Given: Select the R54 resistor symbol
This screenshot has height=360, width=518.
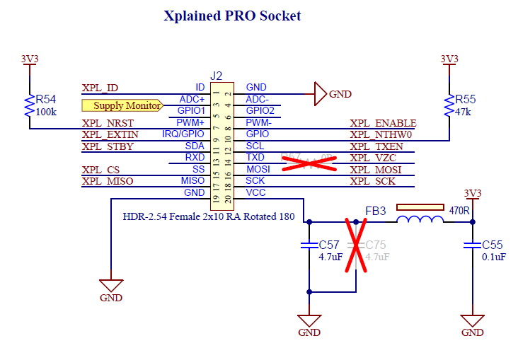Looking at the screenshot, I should point(29,105).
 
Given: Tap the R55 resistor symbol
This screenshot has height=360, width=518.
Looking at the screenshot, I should point(449,105).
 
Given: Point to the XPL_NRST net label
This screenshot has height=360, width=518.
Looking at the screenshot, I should point(107,123).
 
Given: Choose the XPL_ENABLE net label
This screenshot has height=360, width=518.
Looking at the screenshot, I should point(383,123).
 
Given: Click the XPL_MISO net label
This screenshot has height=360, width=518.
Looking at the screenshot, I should point(107,182).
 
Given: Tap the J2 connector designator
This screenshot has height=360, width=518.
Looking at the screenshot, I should point(216,76).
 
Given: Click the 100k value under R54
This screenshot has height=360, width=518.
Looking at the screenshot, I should point(47,112).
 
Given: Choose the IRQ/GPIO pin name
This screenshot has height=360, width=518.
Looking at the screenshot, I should point(183,134).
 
